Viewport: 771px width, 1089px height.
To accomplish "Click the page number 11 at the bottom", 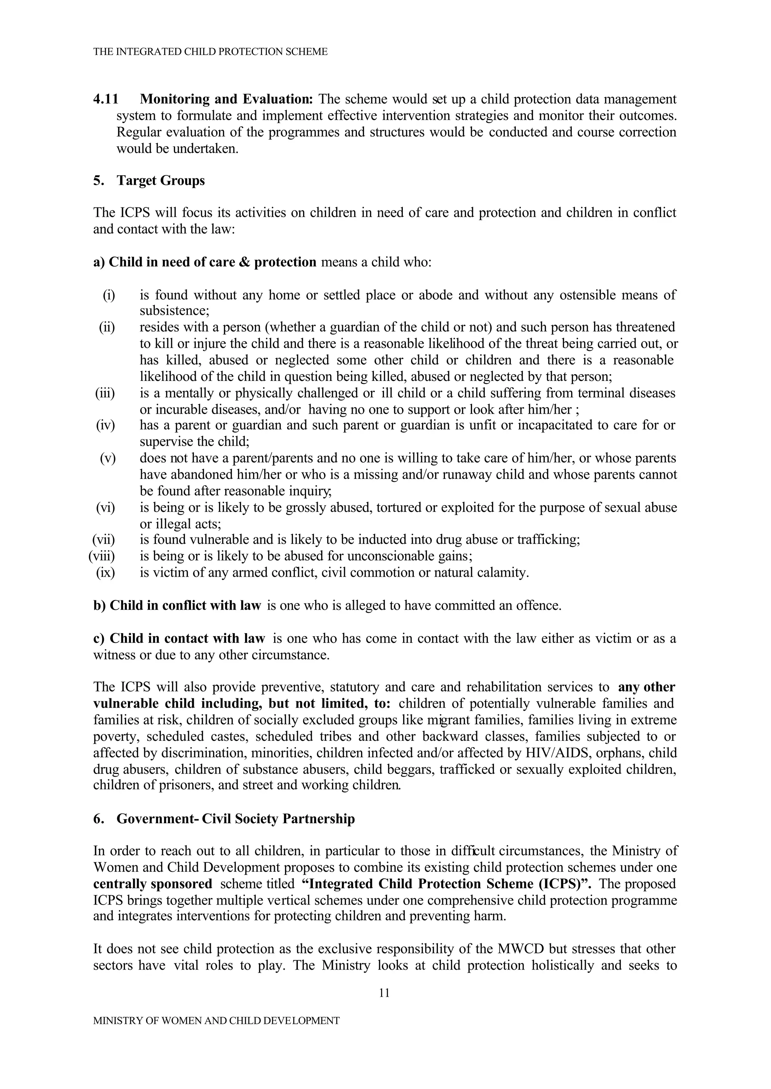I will click(384, 993).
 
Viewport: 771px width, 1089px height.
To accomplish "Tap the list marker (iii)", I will click(105, 393).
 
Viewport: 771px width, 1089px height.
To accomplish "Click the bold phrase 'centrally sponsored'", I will click(153, 884).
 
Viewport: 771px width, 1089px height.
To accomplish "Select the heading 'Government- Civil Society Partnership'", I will click(235, 819).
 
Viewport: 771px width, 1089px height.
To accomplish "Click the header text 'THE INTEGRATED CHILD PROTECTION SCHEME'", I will click(210, 52).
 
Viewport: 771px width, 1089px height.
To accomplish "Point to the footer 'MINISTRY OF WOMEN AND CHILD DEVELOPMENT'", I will click(216, 1020).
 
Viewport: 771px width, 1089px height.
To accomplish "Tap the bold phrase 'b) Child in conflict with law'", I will click(177, 605).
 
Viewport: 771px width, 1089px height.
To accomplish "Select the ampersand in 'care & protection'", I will click(243, 262).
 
